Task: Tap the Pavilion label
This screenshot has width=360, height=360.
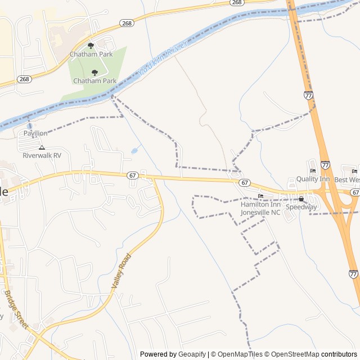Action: (35, 133)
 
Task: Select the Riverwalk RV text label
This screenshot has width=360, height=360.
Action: (42, 156)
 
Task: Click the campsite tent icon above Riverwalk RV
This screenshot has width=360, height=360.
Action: (42, 147)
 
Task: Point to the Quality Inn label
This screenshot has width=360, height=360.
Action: (313, 179)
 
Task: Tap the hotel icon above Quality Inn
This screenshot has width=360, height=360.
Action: (313, 171)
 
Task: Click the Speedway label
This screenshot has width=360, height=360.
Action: (301, 207)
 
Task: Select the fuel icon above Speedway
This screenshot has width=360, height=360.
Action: (301, 199)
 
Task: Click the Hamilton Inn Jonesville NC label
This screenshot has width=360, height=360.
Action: (260, 208)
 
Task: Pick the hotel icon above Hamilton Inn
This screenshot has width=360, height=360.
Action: (260, 196)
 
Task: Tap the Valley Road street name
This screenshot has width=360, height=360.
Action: (121, 271)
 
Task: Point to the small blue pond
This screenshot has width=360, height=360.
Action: (134, 151)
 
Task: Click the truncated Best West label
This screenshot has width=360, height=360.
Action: (347, 179)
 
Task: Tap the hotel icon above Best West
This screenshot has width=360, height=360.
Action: (354, 171)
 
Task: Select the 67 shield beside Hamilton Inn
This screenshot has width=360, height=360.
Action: (244, 183)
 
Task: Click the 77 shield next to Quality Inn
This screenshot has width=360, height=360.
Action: (326, 165)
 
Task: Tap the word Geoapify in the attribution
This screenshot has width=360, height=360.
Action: (192, 354)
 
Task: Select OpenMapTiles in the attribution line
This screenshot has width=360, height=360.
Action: (237, 354)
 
